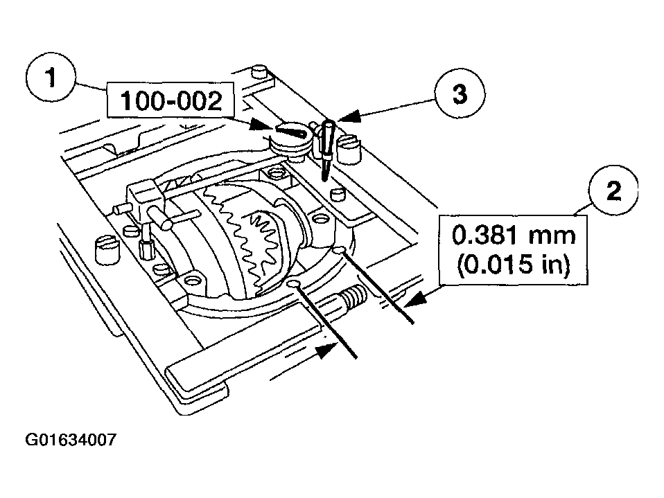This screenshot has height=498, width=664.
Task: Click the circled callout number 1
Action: tap(51, 79)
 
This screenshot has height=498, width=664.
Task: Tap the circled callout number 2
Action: tap(613, 190)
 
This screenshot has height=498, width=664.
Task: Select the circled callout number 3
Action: tap(460, 94)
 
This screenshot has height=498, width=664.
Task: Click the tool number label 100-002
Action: tap(171, 100)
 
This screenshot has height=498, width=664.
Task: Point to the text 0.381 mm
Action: tap(514, 235)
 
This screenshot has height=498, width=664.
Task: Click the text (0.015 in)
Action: tap(513, 265)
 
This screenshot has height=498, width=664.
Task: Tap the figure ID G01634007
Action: tap(71, 440)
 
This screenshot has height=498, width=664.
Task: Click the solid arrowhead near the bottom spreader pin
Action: tap(328, 350)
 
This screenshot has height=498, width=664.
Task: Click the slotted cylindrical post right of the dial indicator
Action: tap(348, 148)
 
